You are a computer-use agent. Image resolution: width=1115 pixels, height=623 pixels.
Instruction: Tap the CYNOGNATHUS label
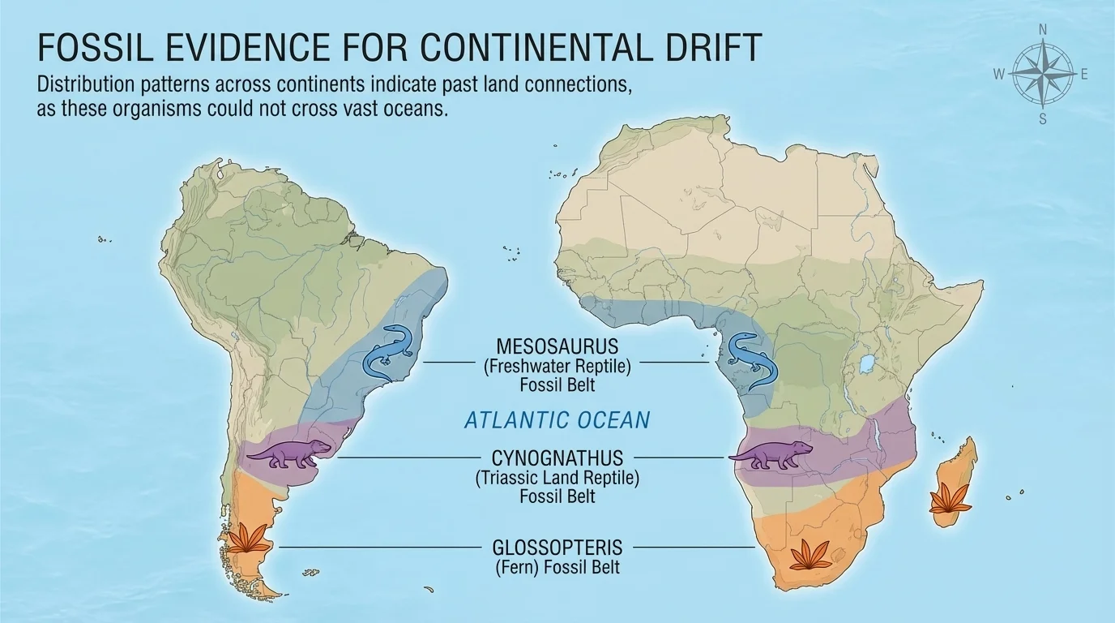pyautogui.click(x=557, y=459)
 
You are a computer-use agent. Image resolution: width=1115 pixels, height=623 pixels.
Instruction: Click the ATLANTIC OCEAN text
pyautogui.click(x=557, y=420)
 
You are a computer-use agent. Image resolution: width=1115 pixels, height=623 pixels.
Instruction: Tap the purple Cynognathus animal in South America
pyautogui.click(x=289, y=454)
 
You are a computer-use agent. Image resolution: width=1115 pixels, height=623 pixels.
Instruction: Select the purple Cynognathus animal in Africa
pyautogui.click(x=771, y=456)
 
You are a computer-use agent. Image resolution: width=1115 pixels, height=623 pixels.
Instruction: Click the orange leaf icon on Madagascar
pyautogui.click(x=945, y=498)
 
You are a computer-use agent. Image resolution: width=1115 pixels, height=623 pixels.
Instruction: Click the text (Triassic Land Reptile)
pyautogui.click(x=557, y=478)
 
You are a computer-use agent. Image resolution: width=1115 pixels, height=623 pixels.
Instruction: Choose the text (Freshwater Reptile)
pyautogui.click(x=557, y=366)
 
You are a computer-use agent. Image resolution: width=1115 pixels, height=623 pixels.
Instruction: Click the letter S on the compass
pyautogui.click(x=1043, y=119)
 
